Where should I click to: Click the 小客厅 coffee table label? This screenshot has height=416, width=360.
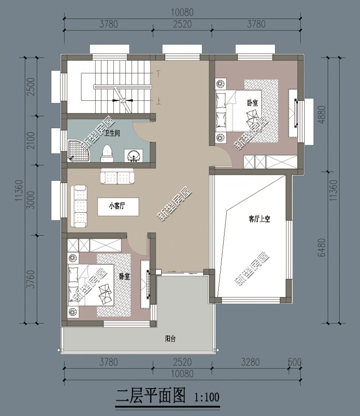click(117, 206)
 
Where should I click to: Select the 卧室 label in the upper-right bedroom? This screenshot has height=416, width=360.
click(252, 103)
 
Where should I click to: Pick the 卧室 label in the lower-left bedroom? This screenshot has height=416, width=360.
click(125, 277)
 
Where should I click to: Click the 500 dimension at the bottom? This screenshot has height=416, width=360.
click(295, 362)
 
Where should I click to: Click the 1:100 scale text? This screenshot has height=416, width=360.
click(207, 398)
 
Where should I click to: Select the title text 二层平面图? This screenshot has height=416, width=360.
click(151, 396)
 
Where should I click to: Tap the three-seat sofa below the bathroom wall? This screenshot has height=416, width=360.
click(117, 176)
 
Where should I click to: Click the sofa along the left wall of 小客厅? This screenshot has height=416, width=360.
click(80, 204)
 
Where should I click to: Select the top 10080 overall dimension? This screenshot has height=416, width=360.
click(182, 12)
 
